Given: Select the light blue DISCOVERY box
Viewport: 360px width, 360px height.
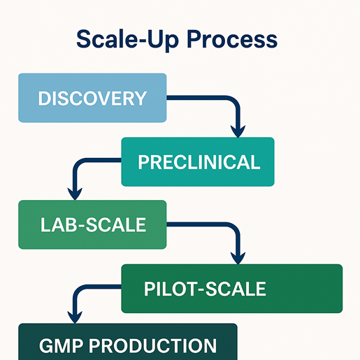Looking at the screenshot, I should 92,98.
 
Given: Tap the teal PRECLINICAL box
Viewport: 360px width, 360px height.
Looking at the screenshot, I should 198,161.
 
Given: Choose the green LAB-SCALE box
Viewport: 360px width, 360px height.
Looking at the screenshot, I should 92,224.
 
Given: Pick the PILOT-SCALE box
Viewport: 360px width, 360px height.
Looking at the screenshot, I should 232,288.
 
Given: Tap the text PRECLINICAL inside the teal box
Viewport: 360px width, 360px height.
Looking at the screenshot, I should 199,162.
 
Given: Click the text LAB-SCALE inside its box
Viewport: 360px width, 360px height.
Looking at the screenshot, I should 93,225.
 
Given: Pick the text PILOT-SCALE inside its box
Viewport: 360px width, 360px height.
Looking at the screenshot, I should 204,289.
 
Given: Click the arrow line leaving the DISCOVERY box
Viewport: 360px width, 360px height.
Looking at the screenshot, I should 210,99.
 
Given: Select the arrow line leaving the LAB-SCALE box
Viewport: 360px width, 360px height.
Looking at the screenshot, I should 210,225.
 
